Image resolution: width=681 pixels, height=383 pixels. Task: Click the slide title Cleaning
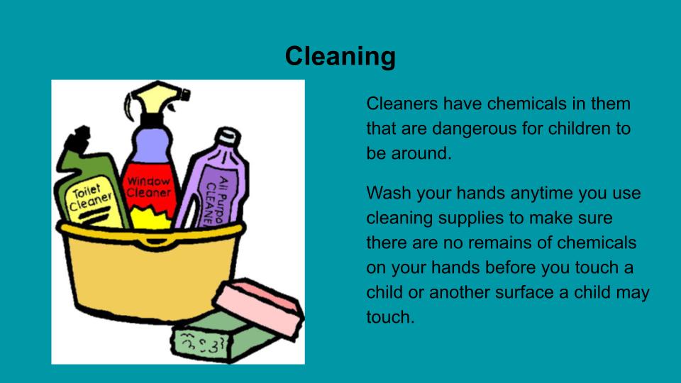pyautogui.click(x=340, y=57)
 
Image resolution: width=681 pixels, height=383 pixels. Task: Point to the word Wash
pyautogui.click(x=389, y=193)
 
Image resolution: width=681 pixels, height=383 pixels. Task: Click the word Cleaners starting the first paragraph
pyautogui.click(x=402, y=104)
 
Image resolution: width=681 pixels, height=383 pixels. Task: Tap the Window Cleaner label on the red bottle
pyautogui.click(x=148, y=187)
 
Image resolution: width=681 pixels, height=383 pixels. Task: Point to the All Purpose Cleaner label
pyautogui.click(x=216, y=200)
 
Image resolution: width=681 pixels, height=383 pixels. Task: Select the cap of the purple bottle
pyautogui.click(x=226, y=137)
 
